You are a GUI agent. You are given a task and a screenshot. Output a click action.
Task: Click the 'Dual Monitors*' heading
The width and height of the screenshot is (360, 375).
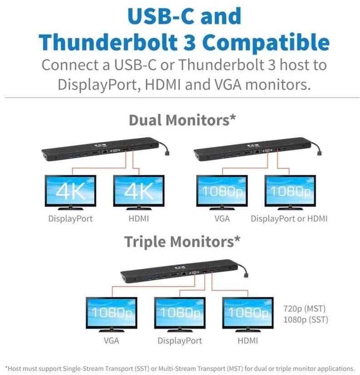[x=182, y=121]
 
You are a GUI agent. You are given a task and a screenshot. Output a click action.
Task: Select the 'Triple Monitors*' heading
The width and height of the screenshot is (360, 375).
[x=182, y=242]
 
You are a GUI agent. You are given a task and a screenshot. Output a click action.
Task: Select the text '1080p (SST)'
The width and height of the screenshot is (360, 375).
[x=305, y=320]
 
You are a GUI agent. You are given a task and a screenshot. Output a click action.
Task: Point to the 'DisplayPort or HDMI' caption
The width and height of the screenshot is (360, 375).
[x=289, y=219]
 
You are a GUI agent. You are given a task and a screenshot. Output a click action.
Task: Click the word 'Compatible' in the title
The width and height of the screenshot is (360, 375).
[x=266, y=42]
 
